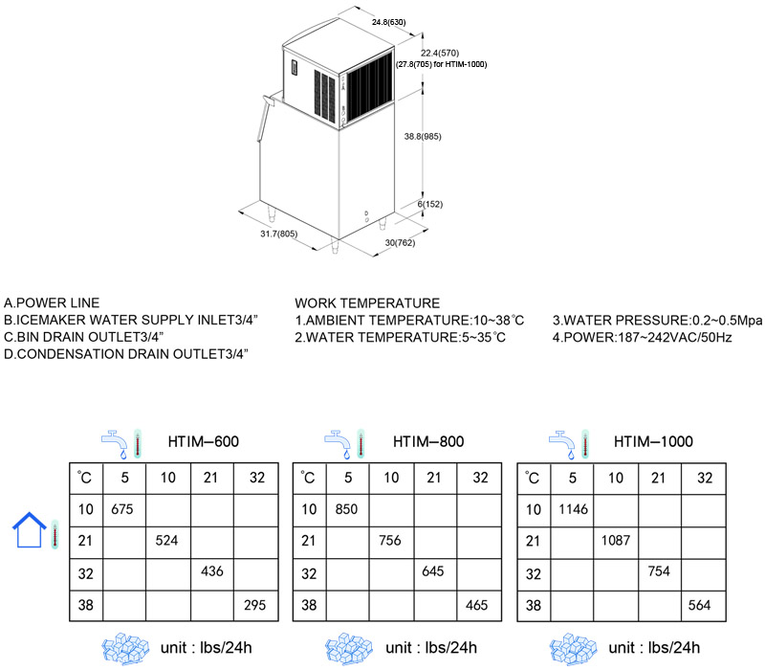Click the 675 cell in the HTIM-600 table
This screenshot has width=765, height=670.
click(x=122, y=509)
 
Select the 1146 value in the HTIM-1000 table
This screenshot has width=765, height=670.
click(x=573, y=509)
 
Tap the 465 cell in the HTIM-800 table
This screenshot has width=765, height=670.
click(x=476, y=605)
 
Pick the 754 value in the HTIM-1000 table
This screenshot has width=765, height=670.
click(x=659, y=570)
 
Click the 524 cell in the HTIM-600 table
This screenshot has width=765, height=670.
click(x=166, y=540)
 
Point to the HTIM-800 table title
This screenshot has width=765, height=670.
click(x=428, y=441)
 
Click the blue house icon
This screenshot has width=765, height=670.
click(x=30, y=530)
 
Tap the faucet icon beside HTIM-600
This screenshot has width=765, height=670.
click(x=114, y=444)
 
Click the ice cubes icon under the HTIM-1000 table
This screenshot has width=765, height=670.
click(x=573, y=649)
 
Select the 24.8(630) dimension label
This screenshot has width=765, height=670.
click(x=388, y=22)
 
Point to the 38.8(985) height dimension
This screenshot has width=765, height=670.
click(x=423, y=136)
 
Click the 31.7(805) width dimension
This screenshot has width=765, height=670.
click(x=278, y=234)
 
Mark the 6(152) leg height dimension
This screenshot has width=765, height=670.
click(x=429, y=204)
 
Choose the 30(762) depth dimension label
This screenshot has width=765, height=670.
click(x=400, y=243)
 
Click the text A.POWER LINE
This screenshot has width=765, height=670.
click(x=52, y=302)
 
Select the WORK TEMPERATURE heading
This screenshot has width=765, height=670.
click(x=367, y=302)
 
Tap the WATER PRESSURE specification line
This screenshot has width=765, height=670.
click(x=657, y=321)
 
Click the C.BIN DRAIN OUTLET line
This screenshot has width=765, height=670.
click(x=84, y=337)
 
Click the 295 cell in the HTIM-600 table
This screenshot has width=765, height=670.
click(x=254, y=605)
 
